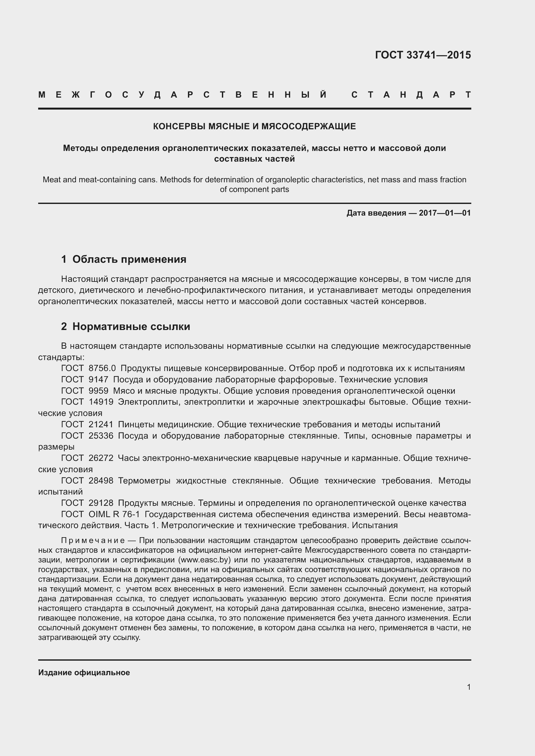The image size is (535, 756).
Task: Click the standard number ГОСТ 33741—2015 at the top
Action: point(423,55)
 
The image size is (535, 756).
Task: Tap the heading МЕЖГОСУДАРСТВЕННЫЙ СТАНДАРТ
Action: point(254,95)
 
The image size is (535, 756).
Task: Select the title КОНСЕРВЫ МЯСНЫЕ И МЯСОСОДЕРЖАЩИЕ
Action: point(254,126)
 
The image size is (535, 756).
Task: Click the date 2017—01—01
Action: point(445,213)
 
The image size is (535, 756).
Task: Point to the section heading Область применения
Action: point(129,260)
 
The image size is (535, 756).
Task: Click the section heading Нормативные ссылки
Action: point(131,327)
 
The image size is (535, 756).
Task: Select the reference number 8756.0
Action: point(102,368)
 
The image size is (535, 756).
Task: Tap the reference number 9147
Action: point(98,379)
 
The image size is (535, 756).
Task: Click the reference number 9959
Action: point(98,391)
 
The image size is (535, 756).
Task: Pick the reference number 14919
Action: point(101,402)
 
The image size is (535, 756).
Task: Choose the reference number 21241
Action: point(101,424)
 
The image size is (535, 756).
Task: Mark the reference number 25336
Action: point(101,436)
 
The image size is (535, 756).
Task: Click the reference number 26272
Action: point(101,458)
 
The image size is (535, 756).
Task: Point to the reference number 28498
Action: point(101,481)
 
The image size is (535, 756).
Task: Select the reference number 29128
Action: point(101,503)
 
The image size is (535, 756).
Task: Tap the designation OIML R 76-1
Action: point(114,514)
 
